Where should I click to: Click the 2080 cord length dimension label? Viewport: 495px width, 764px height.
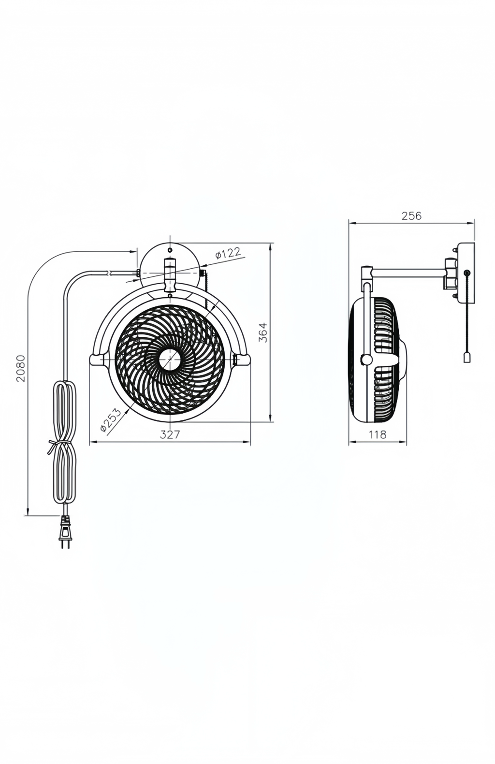[x=21, y=368]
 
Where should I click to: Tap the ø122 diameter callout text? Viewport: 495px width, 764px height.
[x=228, y=253]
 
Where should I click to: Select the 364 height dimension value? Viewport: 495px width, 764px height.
[x=263, y=332]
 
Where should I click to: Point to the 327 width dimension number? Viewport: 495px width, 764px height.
[x=170, y=434]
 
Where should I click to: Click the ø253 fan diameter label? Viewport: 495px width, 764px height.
[x=111, y=419]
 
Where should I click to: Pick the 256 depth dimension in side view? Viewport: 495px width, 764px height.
[x=411, y=216]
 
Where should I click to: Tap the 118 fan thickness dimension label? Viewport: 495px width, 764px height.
[x=378, y=434]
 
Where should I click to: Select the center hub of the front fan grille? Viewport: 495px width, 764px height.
[x=170, y=358]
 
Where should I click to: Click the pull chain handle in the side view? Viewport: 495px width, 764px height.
[x=466, y=357]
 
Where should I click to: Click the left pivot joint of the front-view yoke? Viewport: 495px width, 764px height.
[x=97, y=359]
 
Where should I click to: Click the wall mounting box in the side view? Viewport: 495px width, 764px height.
[x=466, y=273]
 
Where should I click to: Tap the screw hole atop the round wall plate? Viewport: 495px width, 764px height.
[x=170, y=250]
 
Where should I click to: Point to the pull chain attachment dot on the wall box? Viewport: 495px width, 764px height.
[x=466, y=273]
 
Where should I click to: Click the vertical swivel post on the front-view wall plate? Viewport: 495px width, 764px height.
[x=170, y=274]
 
